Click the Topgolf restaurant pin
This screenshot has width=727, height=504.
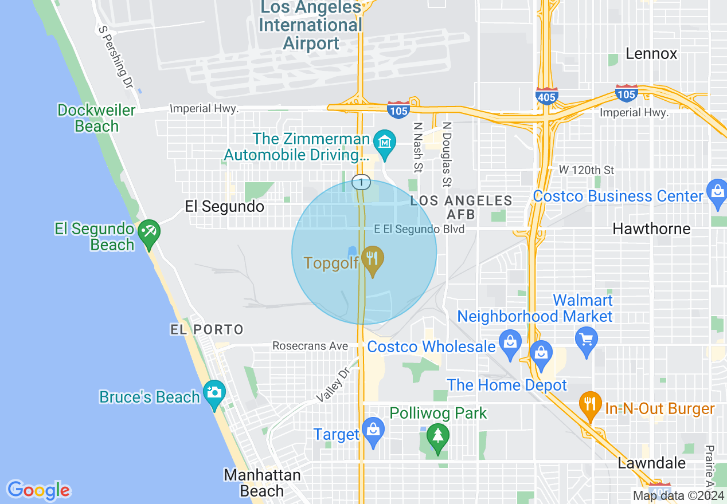(373, 261)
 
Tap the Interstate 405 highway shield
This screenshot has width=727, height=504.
(546, 96)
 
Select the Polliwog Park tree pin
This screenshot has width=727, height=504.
(438, 438)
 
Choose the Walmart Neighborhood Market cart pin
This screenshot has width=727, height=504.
(586, 341)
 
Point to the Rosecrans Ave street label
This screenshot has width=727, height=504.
(310, 346)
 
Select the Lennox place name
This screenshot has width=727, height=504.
(651, 54)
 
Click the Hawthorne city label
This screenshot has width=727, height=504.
(651, 229)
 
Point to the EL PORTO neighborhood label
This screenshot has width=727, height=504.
(207, 329)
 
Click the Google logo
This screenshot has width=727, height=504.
(38, 490)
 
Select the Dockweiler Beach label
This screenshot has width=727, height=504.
(96, 118)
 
